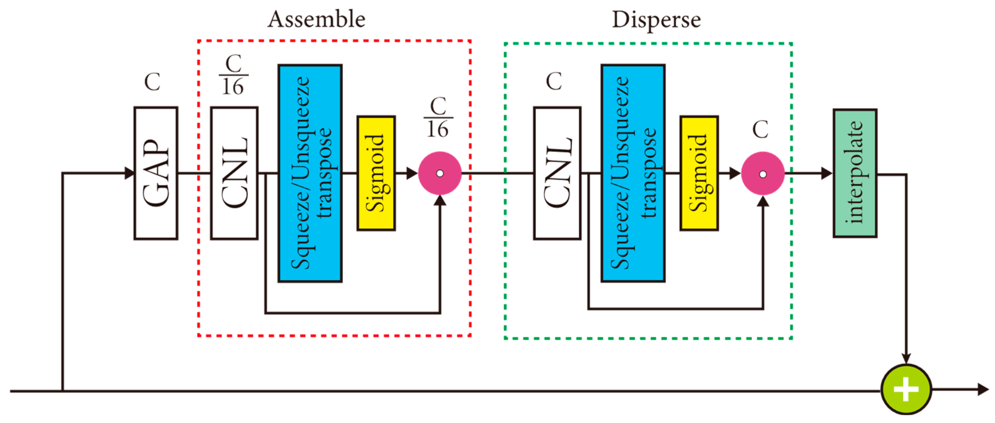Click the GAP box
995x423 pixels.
pos(156,173)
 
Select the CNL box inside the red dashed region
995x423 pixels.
pos(234,173)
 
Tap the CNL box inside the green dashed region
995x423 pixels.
pos(557,173)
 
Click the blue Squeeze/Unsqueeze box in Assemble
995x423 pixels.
pos(310,173)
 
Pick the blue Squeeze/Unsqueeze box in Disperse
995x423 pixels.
pos(633,173)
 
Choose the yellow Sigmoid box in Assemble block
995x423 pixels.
pos(376,173)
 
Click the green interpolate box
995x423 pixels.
pos(855,173)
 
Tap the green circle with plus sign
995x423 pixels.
pos(906,389)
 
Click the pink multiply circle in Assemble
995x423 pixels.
pos(439,173)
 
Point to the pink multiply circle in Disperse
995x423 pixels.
pos(762,174)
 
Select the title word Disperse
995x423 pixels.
pos(656,20)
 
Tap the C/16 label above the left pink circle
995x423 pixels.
pos(438,117)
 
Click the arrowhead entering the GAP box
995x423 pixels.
pos(129,173)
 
